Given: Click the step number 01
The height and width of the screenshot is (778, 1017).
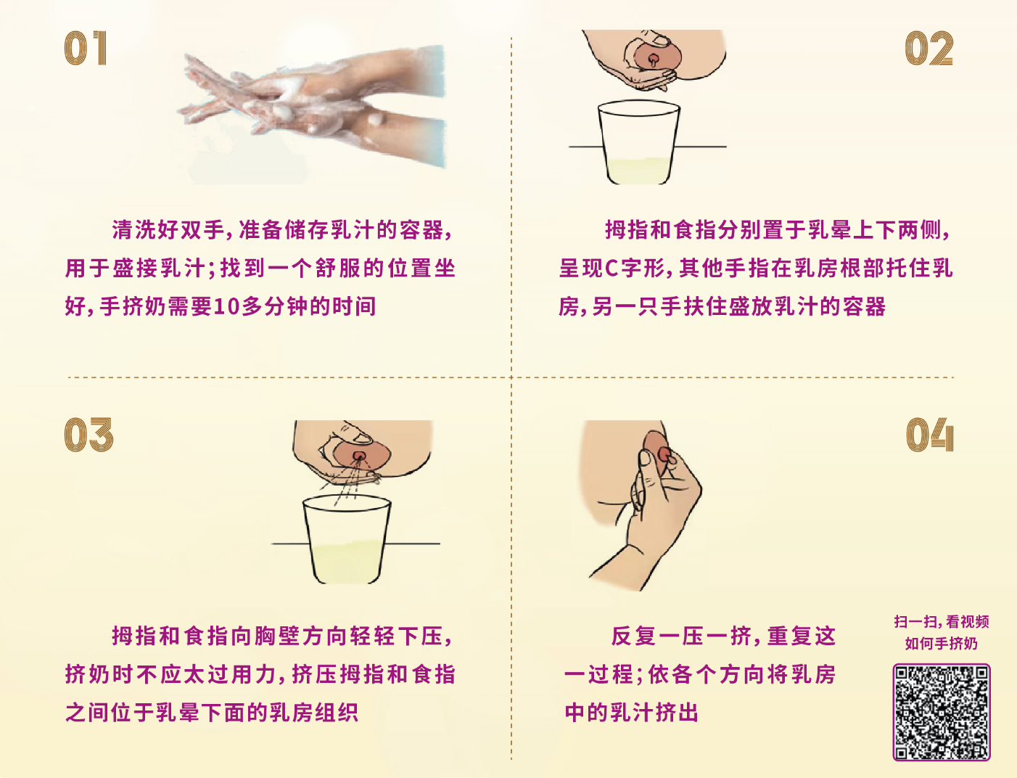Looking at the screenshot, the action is (86, 48).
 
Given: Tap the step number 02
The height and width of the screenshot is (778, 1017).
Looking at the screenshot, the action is (929, 48).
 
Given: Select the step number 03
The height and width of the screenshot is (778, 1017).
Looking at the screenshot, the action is (88, 435).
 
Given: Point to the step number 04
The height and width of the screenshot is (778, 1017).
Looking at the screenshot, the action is (929, 435).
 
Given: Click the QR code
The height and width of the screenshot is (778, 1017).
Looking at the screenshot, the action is (942, 712).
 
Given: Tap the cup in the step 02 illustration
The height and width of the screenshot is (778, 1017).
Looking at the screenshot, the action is (639, 143).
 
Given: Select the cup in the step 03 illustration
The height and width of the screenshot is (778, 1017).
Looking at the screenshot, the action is (347, 539).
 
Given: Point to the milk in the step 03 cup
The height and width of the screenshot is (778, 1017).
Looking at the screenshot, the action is (347, 562).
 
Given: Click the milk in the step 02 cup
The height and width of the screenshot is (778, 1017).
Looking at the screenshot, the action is (639, 171).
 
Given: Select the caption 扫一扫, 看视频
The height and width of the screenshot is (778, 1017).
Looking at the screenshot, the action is (942, 621).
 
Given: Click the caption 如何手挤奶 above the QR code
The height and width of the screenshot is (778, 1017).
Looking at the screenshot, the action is (942, 643).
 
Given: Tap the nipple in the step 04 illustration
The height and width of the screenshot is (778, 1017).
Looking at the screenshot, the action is (665, 455).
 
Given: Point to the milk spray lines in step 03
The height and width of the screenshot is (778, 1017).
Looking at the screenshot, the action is (350, 480).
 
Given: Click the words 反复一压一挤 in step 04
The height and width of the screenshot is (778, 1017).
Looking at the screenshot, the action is (681, 636).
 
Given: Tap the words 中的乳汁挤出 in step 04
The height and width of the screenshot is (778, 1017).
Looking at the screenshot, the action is (632, 712).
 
